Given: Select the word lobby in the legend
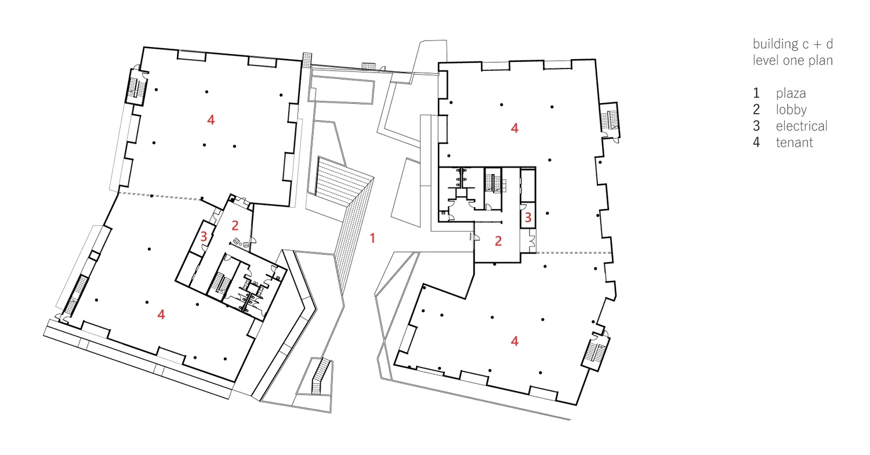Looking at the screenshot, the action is click(791, 110).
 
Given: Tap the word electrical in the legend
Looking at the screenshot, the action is click(802, 126).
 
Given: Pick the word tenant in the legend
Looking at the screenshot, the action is click(794, 142).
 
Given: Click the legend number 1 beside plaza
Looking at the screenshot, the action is click(756, 93).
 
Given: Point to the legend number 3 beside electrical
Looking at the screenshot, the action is click(756, 126).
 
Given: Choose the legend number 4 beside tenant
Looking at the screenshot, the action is click(756, 142).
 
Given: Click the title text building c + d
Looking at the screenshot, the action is click(793, 44).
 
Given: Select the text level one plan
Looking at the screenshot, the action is click(793, 60).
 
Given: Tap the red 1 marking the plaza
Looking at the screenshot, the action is click(373, 238).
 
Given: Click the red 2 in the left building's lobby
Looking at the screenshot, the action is click(235, 226).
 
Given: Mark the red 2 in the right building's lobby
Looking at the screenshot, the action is click(498, 241).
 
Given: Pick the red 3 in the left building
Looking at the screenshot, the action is click(204, 236).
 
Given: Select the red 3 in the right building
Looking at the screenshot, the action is click(528, 218).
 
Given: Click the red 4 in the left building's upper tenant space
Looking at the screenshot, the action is click(211, 120).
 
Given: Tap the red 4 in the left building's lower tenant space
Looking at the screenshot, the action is click(161, 315).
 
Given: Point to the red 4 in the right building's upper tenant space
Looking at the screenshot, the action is click(514, 128).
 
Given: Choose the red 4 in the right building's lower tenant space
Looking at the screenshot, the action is click(514, 341).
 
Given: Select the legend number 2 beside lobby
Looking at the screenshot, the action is click(756, 110).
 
